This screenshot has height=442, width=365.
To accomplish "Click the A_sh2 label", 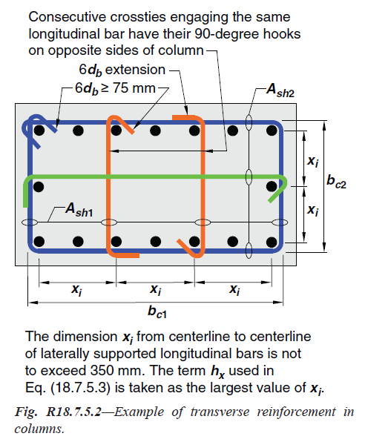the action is (280, 90).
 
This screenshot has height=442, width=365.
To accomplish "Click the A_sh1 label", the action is (79, 210).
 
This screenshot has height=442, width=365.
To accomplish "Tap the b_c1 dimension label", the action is (157, 312).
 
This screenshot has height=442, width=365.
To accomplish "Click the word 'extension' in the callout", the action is (135, 70).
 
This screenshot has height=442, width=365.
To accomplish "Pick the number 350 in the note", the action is (102, 370).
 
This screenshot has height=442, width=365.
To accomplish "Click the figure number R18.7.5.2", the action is (73, 412).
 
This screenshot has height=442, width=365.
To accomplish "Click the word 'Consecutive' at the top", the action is (68, 17).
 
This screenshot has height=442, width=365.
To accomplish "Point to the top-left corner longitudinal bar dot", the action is (39, 131).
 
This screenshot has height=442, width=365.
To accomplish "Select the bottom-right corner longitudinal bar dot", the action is (272, 243).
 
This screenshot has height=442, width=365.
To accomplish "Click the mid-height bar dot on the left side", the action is (39, 187).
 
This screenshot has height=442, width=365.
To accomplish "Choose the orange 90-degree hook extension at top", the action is (183, 117).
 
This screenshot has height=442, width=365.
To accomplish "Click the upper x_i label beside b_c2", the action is (313, 162).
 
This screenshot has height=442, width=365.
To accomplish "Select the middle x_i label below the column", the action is (156, 289).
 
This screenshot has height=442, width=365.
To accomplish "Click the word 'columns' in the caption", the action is (39, 429).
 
